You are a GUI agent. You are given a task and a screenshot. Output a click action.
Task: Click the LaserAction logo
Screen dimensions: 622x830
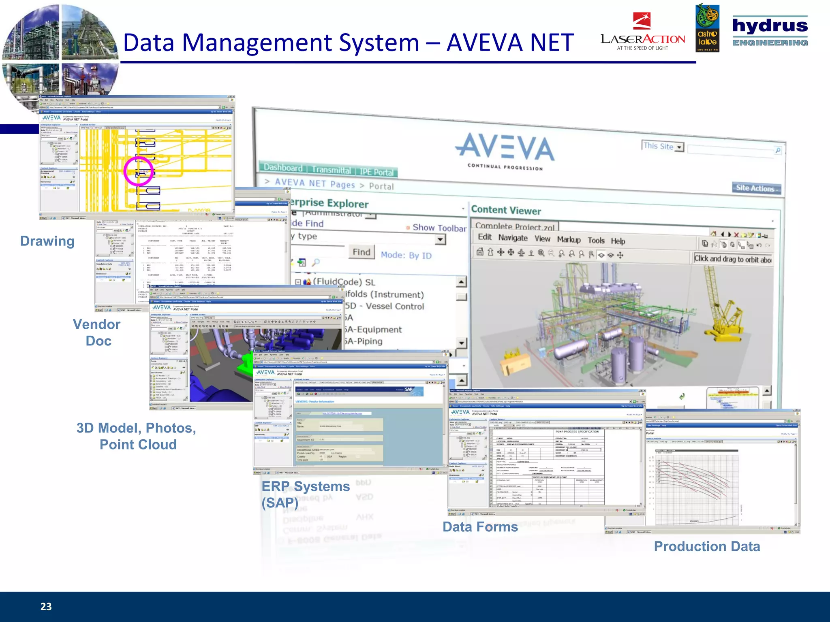pyautogui.click(x=643, y=32)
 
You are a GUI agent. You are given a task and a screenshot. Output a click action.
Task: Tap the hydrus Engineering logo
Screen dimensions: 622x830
pyautogui.click(x=770, y=31)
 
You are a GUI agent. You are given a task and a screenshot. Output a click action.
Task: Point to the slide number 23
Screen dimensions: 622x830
pyautogui.click(x=46, y=606)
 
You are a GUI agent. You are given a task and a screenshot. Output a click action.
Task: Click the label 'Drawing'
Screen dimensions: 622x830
pyautogui.click(x=47, y=241)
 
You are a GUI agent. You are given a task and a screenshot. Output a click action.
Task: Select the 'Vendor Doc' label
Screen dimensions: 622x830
pyautogui.click(x=97, y=332)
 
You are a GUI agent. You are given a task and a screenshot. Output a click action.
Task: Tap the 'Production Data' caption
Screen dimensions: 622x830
pyautogui.click(x=707, y=546)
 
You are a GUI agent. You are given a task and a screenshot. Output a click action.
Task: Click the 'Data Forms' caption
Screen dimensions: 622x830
pyautogui.click(x=480, y=527)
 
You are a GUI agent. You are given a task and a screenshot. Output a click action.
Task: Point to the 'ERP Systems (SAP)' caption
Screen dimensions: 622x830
pyautogui.click(x=305, y=494)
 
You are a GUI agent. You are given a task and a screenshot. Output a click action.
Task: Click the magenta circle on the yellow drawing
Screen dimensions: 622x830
pyautogui.click(x=139, y=171)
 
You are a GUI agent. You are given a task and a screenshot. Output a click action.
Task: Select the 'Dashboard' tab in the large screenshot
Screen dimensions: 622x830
pyautogui.click(x=283, y=168)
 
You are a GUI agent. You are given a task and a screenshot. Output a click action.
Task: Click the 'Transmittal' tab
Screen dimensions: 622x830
pyautogui.click(x=331, y=170)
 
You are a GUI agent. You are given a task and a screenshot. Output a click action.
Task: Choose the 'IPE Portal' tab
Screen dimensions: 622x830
pyautogui.click(x=376, y=172)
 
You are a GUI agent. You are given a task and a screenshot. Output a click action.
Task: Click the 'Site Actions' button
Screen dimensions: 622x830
pyautogui.click(x=756, y=188)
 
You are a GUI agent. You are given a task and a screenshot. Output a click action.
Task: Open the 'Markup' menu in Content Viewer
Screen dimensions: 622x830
pyautogui.click(x=569, y=240)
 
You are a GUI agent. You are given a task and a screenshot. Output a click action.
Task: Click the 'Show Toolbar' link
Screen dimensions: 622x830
pyautogui.click(x=439, y=228)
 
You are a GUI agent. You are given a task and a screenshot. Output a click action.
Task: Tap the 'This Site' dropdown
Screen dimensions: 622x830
pyautogui.click(x=663, y=146)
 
